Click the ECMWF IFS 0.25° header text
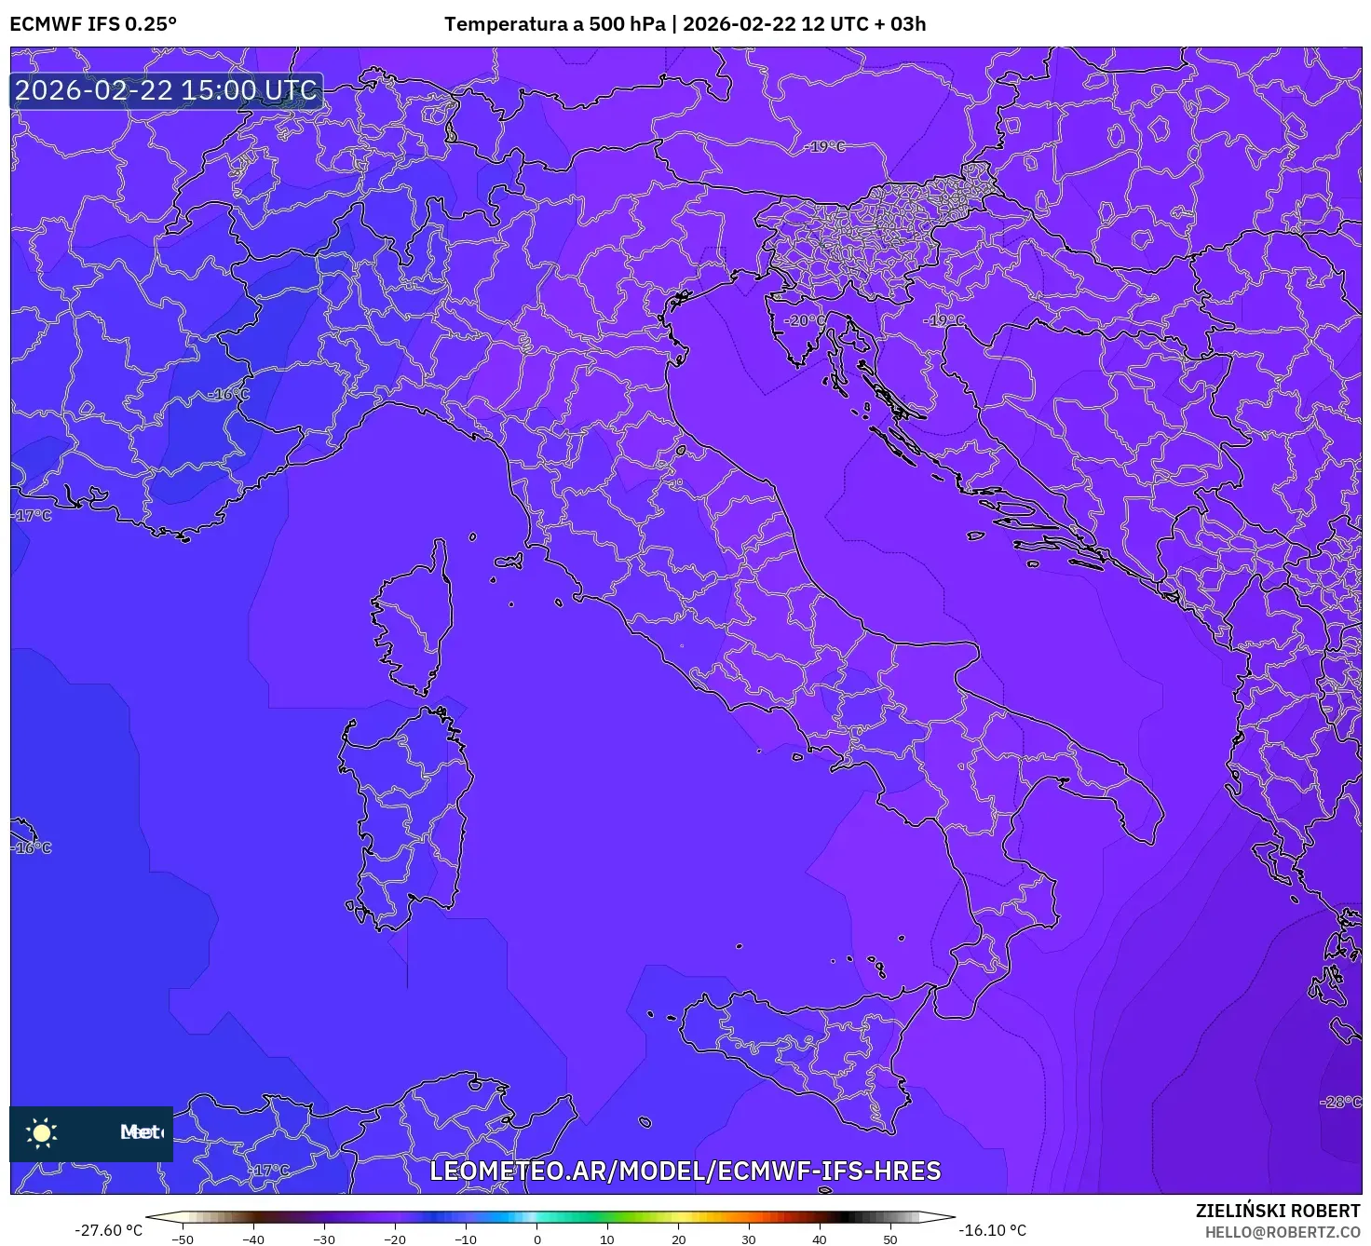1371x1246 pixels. [x=93, y=24]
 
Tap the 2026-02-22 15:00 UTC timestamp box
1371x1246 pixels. [x=167, y=91]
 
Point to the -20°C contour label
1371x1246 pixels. [x=806, y=320]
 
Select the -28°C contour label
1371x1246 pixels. [x=1341, y=1102]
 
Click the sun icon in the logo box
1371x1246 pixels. [x=42, y=1132]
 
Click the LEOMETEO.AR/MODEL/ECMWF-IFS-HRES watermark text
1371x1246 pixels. [x=685, y=1172]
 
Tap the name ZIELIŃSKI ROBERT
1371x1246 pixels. [x=1278, y=1211]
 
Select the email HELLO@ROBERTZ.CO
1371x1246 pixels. [x=1282, y=1232]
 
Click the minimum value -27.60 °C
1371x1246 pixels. [x=109, y=1230]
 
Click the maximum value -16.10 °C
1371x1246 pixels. [x=993, y=1230]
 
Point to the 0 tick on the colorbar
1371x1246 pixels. [x=536, y=1239]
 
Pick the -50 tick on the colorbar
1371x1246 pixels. [x=183, y=1239]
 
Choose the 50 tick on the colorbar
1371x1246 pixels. [x=890, y=1239]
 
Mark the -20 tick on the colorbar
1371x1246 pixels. [x=395, y=1239]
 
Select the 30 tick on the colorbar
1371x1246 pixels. [x=749, y=1239]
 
